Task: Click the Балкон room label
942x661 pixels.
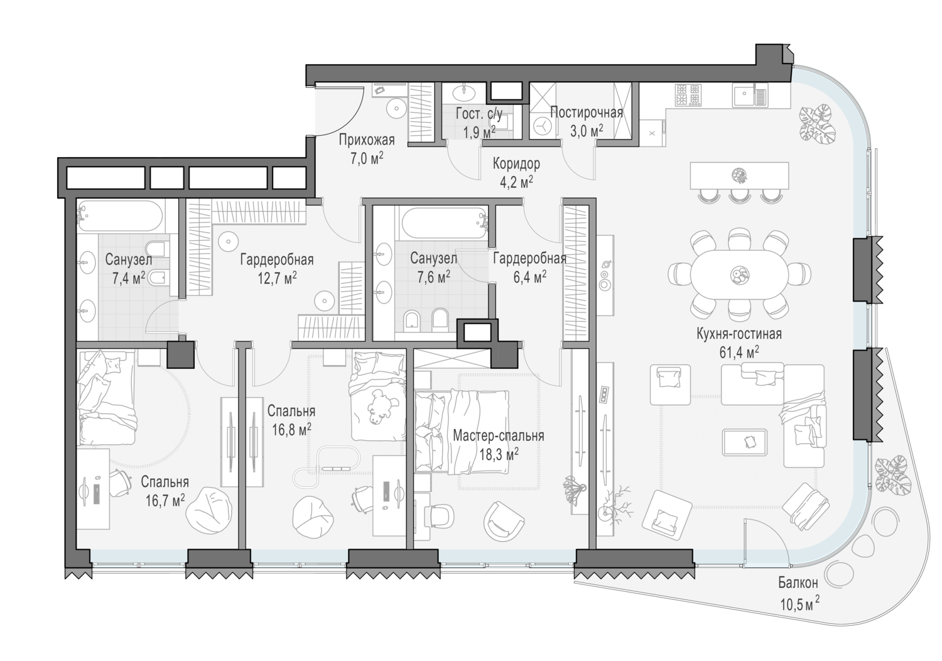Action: click(798, 582)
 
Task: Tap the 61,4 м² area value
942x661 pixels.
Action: click(739, 352)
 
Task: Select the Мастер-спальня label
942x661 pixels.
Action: click(499, 436)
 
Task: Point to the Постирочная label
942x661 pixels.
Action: click(586, 112)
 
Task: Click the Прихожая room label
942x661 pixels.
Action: click(367, 139)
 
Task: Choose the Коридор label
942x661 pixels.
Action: click(516, 163)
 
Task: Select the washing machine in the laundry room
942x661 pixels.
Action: click(543, 126)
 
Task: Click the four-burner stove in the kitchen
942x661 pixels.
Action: click(688, 94)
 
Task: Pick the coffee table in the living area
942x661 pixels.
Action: click(744, 442)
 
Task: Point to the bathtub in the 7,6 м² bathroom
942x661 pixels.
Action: click(444, 223)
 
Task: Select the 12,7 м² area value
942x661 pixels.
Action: click(277, 278)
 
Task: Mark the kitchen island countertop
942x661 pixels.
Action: click(739, 175)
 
